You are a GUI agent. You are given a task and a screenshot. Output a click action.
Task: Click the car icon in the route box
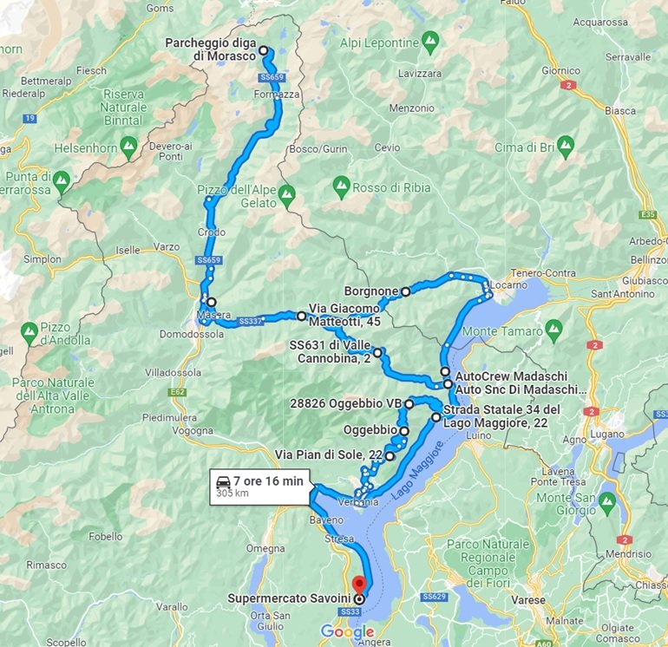coord(223,480)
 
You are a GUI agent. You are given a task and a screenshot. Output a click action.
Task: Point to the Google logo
coord(347,632)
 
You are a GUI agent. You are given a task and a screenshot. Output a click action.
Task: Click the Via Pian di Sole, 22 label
coord(329,454)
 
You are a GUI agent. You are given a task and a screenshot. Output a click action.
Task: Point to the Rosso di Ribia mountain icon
coord(341,186)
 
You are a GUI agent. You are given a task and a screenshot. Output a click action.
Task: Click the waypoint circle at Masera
coord(212,303)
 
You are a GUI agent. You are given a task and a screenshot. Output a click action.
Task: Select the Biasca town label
coord(620,110)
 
